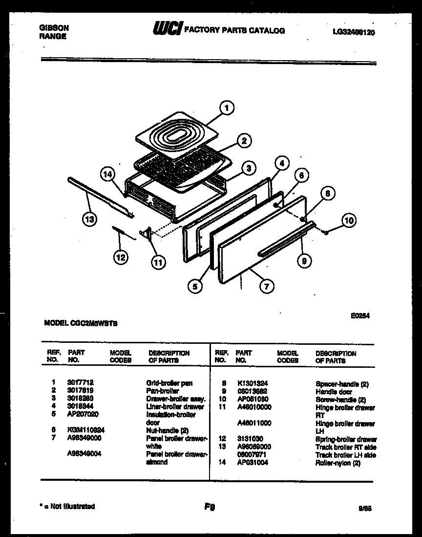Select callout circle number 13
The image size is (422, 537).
tap(89, 220)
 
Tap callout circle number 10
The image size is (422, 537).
tap(348, 220)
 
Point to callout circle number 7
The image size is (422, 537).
tap(266, 287)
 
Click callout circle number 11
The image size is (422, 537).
tap(158, 263)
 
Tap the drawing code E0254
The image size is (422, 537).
tap(359, 316)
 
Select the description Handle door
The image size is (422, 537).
tap(334, 392)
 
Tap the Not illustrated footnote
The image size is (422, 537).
tap(67, 507)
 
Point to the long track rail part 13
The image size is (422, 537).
tap(100, 196)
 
